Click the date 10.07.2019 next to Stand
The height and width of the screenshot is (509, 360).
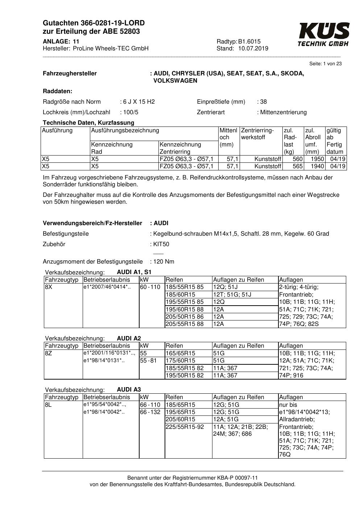point(253,49)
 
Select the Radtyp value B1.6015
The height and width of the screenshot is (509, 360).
point(249,41)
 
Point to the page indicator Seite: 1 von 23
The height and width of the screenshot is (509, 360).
point(325,64)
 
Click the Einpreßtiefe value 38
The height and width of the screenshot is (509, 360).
point(263,102)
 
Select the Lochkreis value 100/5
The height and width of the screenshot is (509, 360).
point(131,112)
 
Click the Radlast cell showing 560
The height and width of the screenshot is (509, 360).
point(297,159)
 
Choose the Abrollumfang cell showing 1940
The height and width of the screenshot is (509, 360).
point(317,166)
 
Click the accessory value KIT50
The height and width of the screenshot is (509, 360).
point(161,244)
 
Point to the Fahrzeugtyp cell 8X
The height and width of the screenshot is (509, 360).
point(49,287)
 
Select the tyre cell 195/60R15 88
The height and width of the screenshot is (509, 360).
point(185,309)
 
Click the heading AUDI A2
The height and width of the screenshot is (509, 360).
point(129,338)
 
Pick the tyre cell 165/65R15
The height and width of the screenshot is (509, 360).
point(180,353)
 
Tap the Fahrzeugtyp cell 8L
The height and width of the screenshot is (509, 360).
point(48,405)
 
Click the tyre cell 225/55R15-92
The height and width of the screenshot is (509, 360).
point(185,427)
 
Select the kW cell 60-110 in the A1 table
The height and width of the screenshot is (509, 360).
point(150,287)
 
